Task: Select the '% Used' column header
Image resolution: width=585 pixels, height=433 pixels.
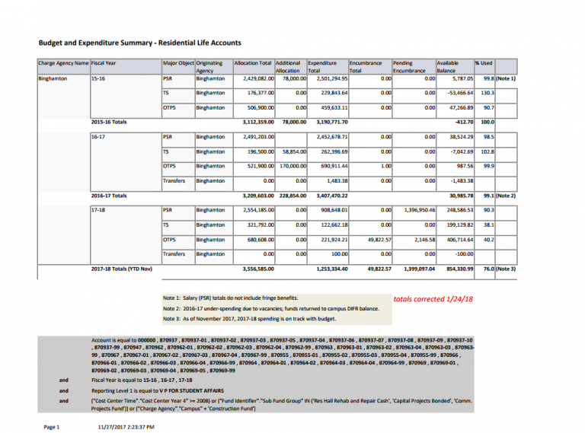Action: pos(484,62)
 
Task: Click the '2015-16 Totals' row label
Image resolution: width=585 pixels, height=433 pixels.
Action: pos(109,122)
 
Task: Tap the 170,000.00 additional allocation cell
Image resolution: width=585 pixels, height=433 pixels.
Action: pos(288,165)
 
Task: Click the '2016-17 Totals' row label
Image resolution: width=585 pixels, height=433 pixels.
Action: pos(109,196)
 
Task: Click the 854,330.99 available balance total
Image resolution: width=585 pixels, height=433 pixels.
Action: pos(455,269)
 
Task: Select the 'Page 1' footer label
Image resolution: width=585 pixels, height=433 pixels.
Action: pos(52,427)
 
